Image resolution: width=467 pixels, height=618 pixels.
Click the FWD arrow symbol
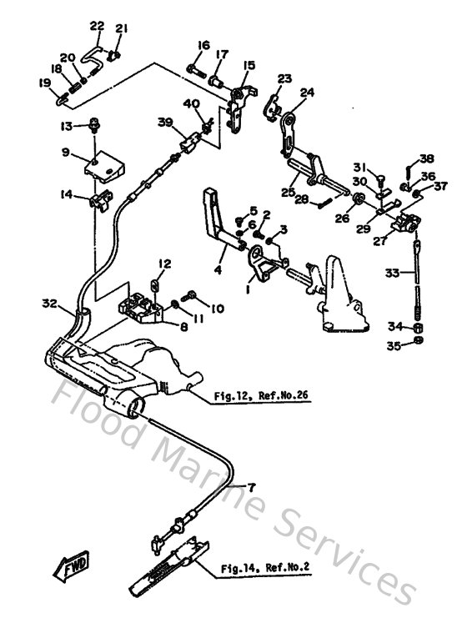point(76,567)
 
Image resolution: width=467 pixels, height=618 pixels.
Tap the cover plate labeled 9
point(103,164)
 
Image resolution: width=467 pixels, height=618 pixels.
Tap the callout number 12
point(164,264)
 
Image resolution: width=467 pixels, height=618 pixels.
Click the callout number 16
point(203,44)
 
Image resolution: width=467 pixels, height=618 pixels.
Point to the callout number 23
point(284,79)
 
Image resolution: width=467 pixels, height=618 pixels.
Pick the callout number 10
point(217,309)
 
